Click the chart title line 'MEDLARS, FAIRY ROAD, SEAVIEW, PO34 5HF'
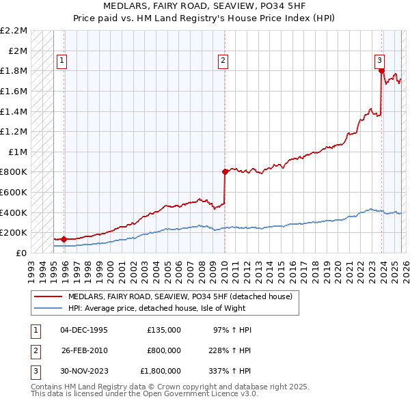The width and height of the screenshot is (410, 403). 205,6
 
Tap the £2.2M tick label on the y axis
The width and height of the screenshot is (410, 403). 14,31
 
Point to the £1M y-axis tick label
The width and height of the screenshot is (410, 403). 18,152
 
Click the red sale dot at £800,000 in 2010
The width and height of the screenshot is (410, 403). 224,172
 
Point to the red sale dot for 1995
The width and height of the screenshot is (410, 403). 64,239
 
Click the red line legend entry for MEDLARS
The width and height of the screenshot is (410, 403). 180,296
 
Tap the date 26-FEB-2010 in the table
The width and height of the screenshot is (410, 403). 84,350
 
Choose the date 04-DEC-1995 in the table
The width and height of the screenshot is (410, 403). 84,330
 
